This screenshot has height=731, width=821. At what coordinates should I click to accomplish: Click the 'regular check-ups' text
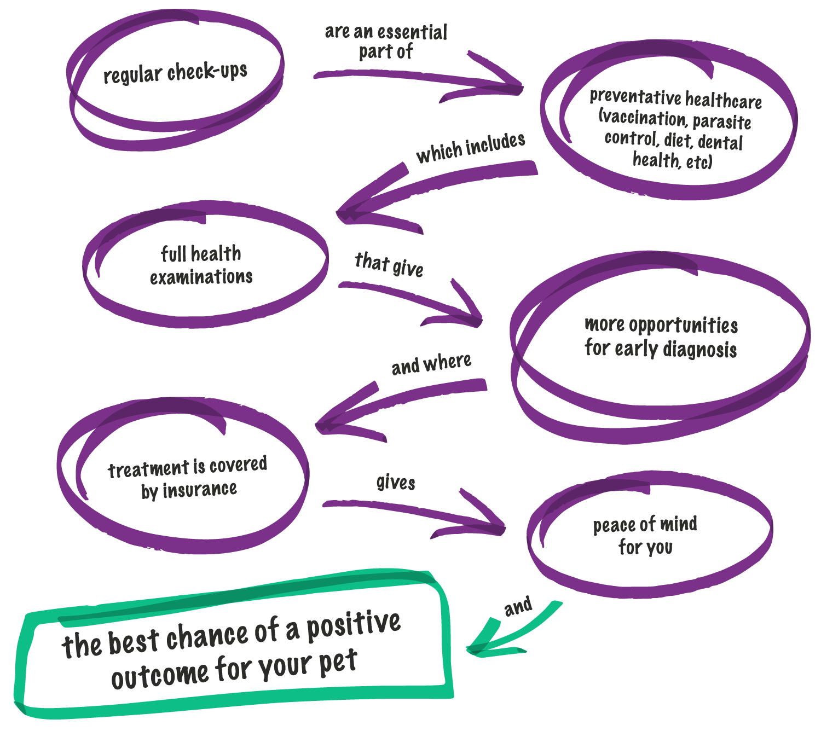point(175,72)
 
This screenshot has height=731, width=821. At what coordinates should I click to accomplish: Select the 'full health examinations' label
point(201,265)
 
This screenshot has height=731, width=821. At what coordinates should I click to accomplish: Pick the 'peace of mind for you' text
point(645,535)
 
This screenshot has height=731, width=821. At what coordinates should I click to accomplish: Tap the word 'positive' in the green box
point(353,624)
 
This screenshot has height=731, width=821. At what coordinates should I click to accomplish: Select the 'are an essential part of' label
point(386,42)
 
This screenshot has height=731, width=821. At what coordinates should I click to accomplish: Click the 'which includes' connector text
point(471,147)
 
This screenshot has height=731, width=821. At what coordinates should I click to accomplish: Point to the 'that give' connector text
point(389,264)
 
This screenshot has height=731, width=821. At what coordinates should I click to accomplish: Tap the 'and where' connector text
point(431,364)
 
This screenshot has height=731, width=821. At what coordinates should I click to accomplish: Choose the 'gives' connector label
point(396,483)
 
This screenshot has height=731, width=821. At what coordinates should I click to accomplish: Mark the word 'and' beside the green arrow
point(518,606)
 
